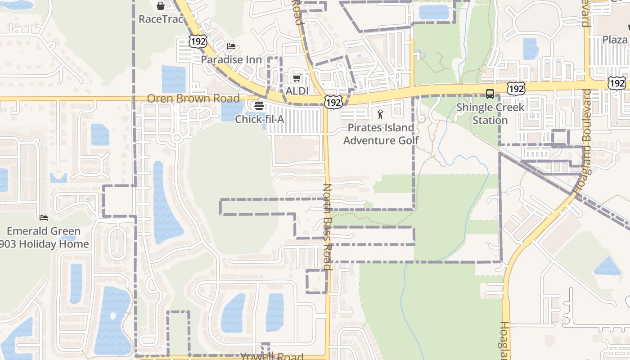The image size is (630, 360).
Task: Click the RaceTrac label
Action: click(161, 19)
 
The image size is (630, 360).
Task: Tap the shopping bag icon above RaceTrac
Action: click(161, 6)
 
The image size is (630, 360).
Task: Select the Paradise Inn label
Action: click(231, 59)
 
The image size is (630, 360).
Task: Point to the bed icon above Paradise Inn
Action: click(231, 46)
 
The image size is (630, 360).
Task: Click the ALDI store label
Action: click(297, 91)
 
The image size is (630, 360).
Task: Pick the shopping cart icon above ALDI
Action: click(297, 78)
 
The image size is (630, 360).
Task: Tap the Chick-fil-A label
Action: click(260, 119)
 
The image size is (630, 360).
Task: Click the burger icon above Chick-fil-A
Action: click(259, 106)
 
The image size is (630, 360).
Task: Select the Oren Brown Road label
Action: click(193, 99)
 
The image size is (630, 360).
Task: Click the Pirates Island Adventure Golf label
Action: click(381, 134)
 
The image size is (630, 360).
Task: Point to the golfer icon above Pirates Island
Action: click(380, 114)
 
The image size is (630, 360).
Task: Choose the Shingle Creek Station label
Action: click(490, 114)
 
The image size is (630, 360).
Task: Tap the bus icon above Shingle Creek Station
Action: click(490, 94)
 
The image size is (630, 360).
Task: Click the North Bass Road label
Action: click(328, 226)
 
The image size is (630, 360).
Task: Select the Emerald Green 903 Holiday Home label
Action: click(44, 238)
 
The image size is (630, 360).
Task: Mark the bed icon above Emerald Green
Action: click(44, 218)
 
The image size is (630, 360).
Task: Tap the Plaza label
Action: click(615, 40)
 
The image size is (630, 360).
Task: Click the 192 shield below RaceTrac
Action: click(198, 41)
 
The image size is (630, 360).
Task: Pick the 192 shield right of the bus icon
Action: click(515, 89)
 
